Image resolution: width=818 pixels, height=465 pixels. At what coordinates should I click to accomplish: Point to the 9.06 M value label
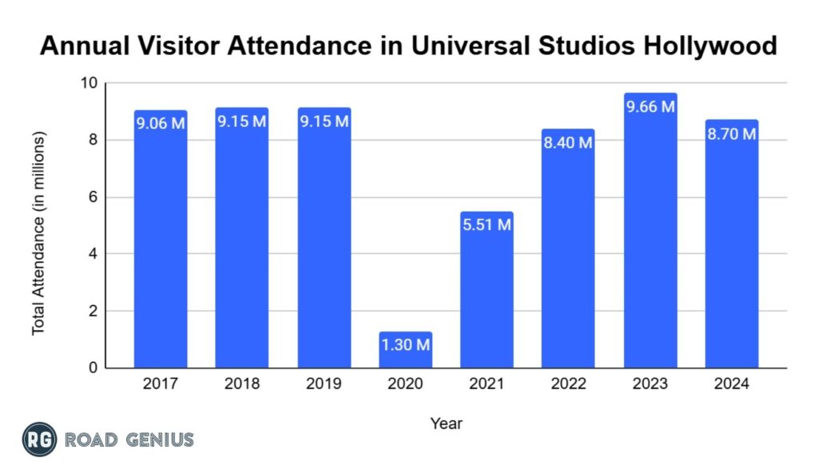click(x=161, y=124)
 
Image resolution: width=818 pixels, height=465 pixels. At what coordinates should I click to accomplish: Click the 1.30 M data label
click(x=405, y=346)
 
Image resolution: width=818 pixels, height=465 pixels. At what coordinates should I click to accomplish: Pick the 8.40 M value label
click(x=568, y=143)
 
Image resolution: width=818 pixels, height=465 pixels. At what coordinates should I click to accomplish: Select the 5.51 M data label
click(x=486, y=225)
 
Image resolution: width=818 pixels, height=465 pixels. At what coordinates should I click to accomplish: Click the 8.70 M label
click(x=732, y=134)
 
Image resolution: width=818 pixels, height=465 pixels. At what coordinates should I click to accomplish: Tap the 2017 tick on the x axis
click(x=161, y=384)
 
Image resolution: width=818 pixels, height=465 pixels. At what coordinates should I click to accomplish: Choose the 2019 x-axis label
click(x=324, y=384)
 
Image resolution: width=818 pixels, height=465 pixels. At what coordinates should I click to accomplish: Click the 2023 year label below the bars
click(x=650, y=384)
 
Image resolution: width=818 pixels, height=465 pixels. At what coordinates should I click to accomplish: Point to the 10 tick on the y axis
click(x=89, y=83)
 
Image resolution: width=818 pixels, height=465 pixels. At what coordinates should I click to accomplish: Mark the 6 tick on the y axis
click(x=93, y=197)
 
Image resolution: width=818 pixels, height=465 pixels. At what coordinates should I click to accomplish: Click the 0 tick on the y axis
click(x=93, y=368)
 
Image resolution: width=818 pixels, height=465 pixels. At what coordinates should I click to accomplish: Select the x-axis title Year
click(x=446, y=423)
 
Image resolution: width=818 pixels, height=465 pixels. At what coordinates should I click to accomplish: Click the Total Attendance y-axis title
click(x=38, y=232)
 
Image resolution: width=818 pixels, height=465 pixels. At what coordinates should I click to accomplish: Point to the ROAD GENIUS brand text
click(x=129, y=439)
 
